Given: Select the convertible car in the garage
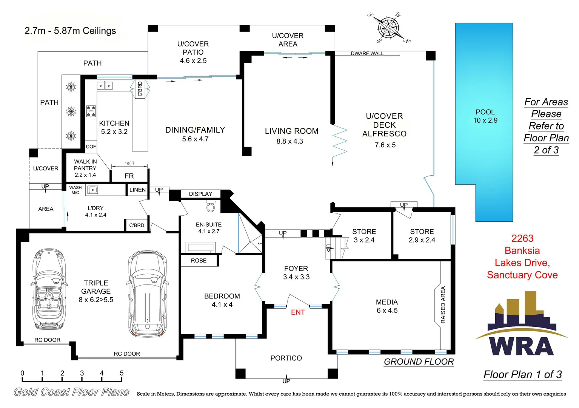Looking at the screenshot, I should (x=48, y=289).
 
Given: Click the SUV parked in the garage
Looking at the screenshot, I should (x=147, y=294).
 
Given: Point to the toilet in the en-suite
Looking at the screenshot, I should (x=211, y=206).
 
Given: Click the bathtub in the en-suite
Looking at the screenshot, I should (x=200, y=247).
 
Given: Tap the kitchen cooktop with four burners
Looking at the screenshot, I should (x=91, y=111).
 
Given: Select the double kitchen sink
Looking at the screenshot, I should (x=104, y=86).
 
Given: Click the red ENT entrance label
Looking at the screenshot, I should (x=297, y=312).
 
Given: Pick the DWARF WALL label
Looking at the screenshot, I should (x=367, y=54).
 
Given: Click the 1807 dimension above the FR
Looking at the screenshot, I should (x=129, y=164).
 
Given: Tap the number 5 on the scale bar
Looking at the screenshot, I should (x=122, y=373).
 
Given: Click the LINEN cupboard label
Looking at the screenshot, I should (x=137, y=190).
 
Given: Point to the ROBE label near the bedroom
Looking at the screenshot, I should (x=199, y=261).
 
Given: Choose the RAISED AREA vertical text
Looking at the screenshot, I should (x=443, y=305).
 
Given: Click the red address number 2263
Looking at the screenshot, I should (x=522, y=238).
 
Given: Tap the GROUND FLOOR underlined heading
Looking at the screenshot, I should (x=419, y=362).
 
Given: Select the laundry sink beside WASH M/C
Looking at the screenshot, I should (x=92, y=190).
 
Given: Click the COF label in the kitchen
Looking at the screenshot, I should (x=91, y=147).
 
